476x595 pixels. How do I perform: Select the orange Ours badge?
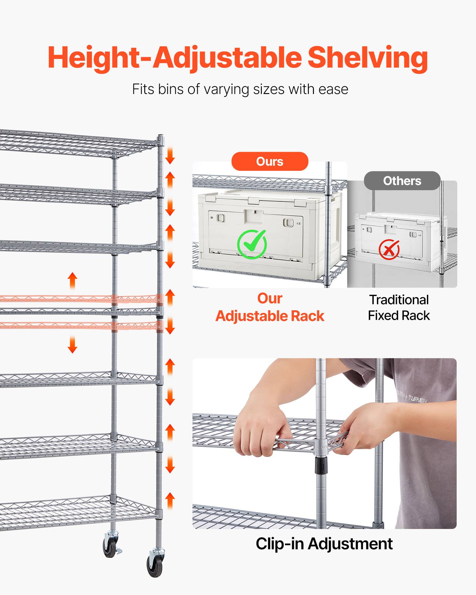click(270, 162)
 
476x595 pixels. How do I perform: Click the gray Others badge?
click(402, 181)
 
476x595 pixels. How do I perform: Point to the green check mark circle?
click(252, 244)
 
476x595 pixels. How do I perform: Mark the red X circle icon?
click(389, 250)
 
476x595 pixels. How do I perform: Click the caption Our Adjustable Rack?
click(270, 307)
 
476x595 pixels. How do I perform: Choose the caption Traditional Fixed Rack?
click(399, 308)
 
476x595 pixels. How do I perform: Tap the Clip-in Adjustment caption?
click(324, 544)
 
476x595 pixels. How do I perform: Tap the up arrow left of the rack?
click(72, 280)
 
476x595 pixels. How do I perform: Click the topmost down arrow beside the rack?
click(170, 155)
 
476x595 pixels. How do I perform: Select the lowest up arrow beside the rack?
click(170, 500)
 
